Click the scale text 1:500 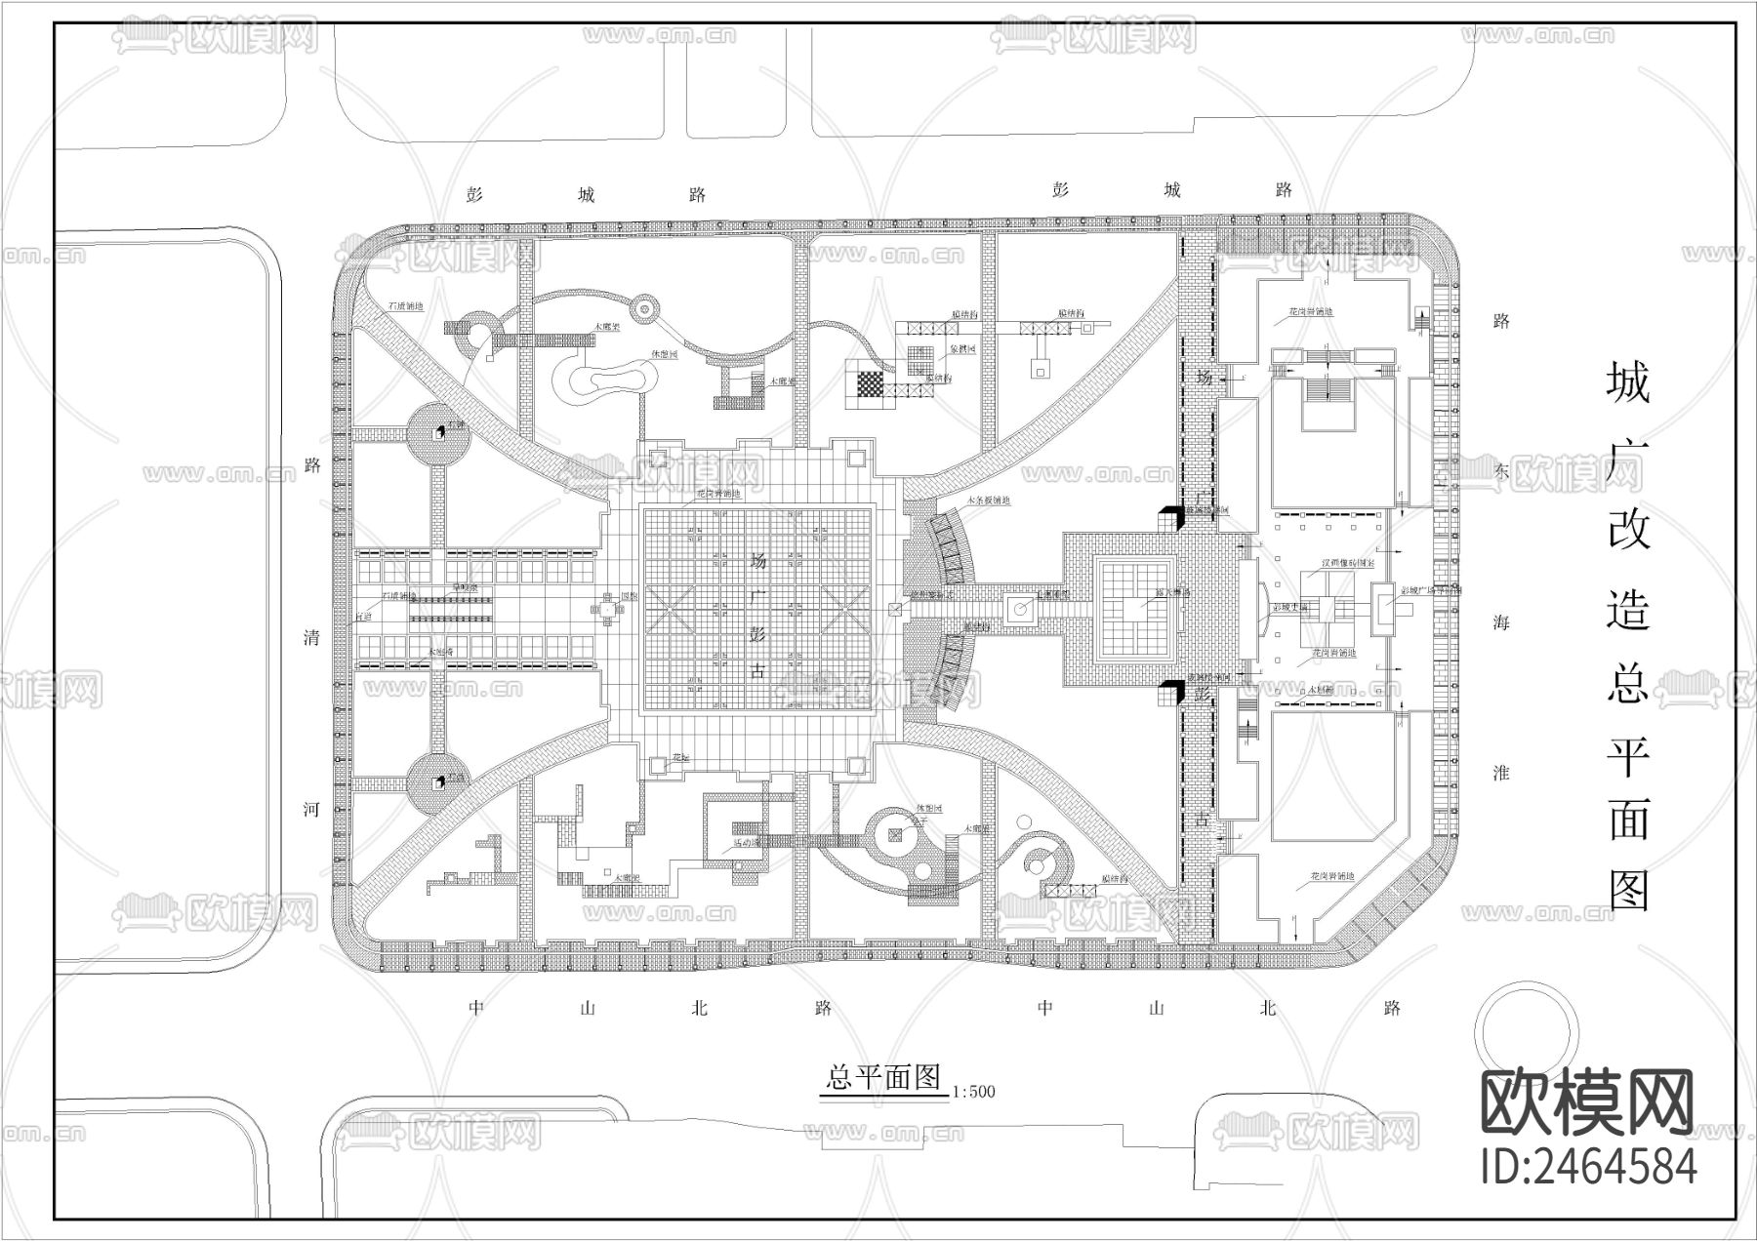click(x=972, y=1092)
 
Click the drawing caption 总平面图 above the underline click(x=882, y=1077)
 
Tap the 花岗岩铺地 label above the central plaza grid click(x=717, y=495)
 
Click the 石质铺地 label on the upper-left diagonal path click(x=405, y=306)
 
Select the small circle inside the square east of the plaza click(x=1020, y=609)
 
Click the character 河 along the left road click(x=311, y=810)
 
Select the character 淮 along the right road click(x=1500, y=773)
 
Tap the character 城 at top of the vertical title click(x=1628, y=382)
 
